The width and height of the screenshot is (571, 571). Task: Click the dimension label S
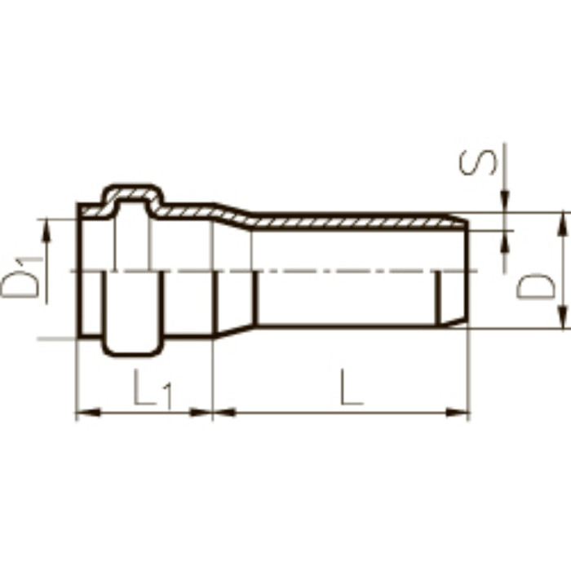[x=477, y=162]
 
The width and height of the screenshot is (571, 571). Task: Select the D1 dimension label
[x=22, y=277]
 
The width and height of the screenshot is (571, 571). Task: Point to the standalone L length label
[x=352, y=387]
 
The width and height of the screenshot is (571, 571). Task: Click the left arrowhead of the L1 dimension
[x=88, y=413]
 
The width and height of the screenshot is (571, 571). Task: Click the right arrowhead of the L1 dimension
[x=201, y=413]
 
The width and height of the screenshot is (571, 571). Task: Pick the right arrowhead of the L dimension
[x=458, y=413]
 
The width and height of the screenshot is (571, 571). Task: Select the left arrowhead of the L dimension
[x=225, y=413]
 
